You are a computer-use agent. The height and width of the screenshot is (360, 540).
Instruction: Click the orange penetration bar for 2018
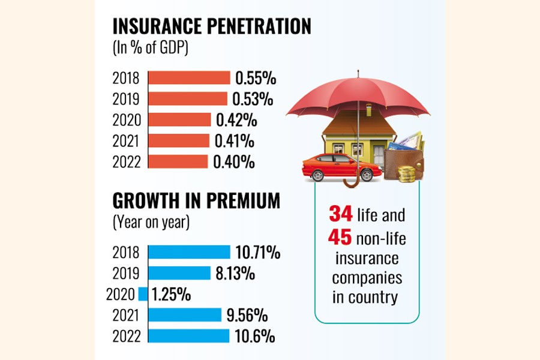189,78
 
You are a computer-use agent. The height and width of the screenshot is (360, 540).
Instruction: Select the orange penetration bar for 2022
178,162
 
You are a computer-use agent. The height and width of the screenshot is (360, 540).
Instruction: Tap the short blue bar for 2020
143,294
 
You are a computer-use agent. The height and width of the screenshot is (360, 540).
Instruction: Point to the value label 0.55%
256,78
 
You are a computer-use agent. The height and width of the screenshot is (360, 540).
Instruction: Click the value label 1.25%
171,295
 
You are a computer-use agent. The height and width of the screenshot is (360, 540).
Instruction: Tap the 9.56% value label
247,316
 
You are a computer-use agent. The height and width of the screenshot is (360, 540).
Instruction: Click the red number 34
340,214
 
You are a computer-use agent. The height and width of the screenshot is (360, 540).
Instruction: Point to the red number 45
340,238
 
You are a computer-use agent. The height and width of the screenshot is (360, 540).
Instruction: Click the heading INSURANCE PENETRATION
212,26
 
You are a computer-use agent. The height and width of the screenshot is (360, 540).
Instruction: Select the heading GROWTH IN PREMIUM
196,201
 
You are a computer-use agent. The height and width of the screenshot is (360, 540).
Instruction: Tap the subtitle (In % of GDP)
151,49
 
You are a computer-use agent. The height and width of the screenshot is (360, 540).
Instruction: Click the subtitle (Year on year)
151,223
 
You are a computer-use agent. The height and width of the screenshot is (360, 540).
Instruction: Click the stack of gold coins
408,173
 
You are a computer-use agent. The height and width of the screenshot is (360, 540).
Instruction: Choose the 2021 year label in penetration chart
126,142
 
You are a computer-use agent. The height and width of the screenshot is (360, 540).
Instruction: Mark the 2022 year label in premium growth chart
126,337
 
